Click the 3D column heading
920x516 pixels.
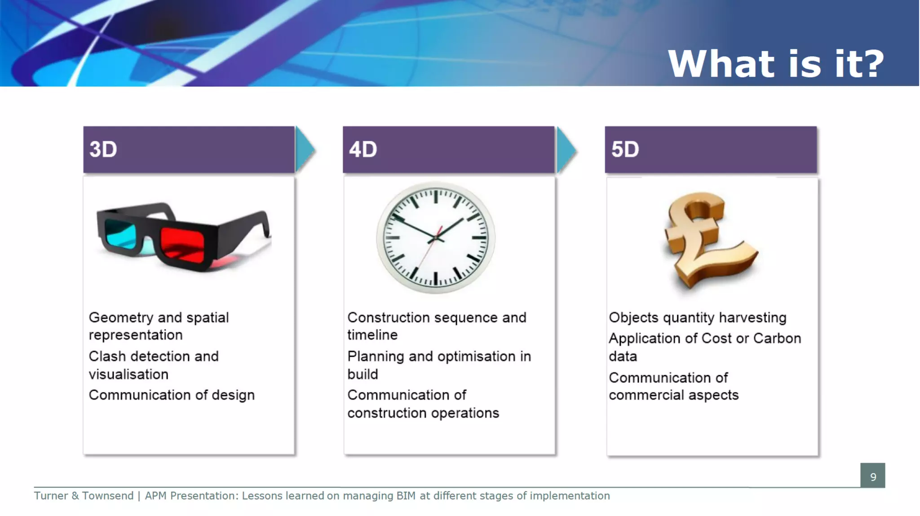(x=103, y=149)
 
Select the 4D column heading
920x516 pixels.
(x=363, y=149)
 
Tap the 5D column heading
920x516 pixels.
(x=625, y=149)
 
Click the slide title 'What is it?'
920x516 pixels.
(x=776, y=64)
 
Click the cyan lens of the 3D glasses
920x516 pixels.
(x=120, y=234)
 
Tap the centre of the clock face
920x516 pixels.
(x=435, y=237)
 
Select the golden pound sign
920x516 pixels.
(x=708, y=240)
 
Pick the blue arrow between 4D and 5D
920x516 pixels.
(x=566, y=150)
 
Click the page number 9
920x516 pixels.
(x=873, y=477)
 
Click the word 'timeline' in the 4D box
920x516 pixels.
(x=372, y=335)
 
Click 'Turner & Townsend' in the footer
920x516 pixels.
(x=84, y=496)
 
